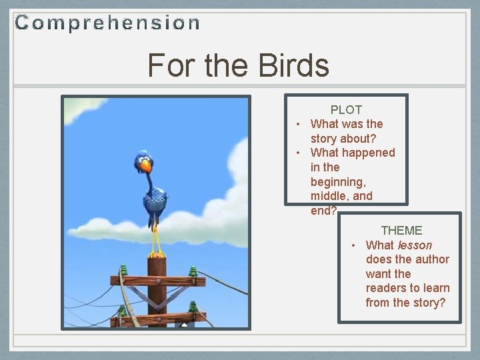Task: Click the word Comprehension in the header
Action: click(107, 23)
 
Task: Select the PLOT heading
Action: click(346, 109)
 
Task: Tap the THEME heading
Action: click(401, 230)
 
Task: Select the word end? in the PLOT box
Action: click(324, 211)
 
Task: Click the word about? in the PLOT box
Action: click(362, 138)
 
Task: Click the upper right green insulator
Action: click(193, 271)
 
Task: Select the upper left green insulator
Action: click(123, 271)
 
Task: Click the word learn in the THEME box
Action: click(436, 288)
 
